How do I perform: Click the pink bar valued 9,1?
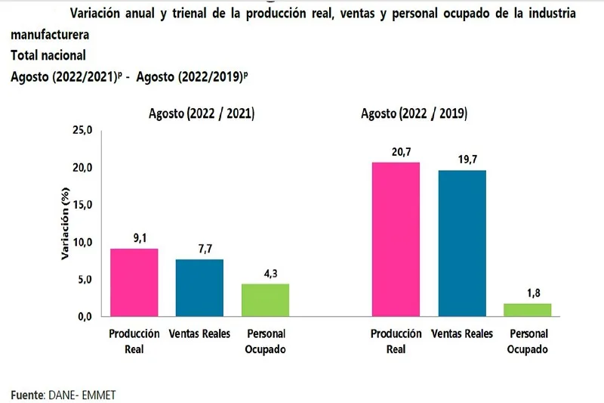tap(134, 282)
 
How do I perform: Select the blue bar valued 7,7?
tap(199, 287)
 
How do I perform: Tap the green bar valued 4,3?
tap(265, 299)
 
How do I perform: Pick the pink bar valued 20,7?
tap(396, 239)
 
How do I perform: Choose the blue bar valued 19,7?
tap(462, 243)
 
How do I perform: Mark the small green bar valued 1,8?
tap(528, 309)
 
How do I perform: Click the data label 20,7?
tap(396, 153)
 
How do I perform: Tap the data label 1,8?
tap(528, 293)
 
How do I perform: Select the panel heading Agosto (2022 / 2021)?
tap(201, 114)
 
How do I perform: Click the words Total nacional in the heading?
tap(48, 55)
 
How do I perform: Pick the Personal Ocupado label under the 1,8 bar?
tap(528, 341)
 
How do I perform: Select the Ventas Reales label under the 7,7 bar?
tap(199, 334)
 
